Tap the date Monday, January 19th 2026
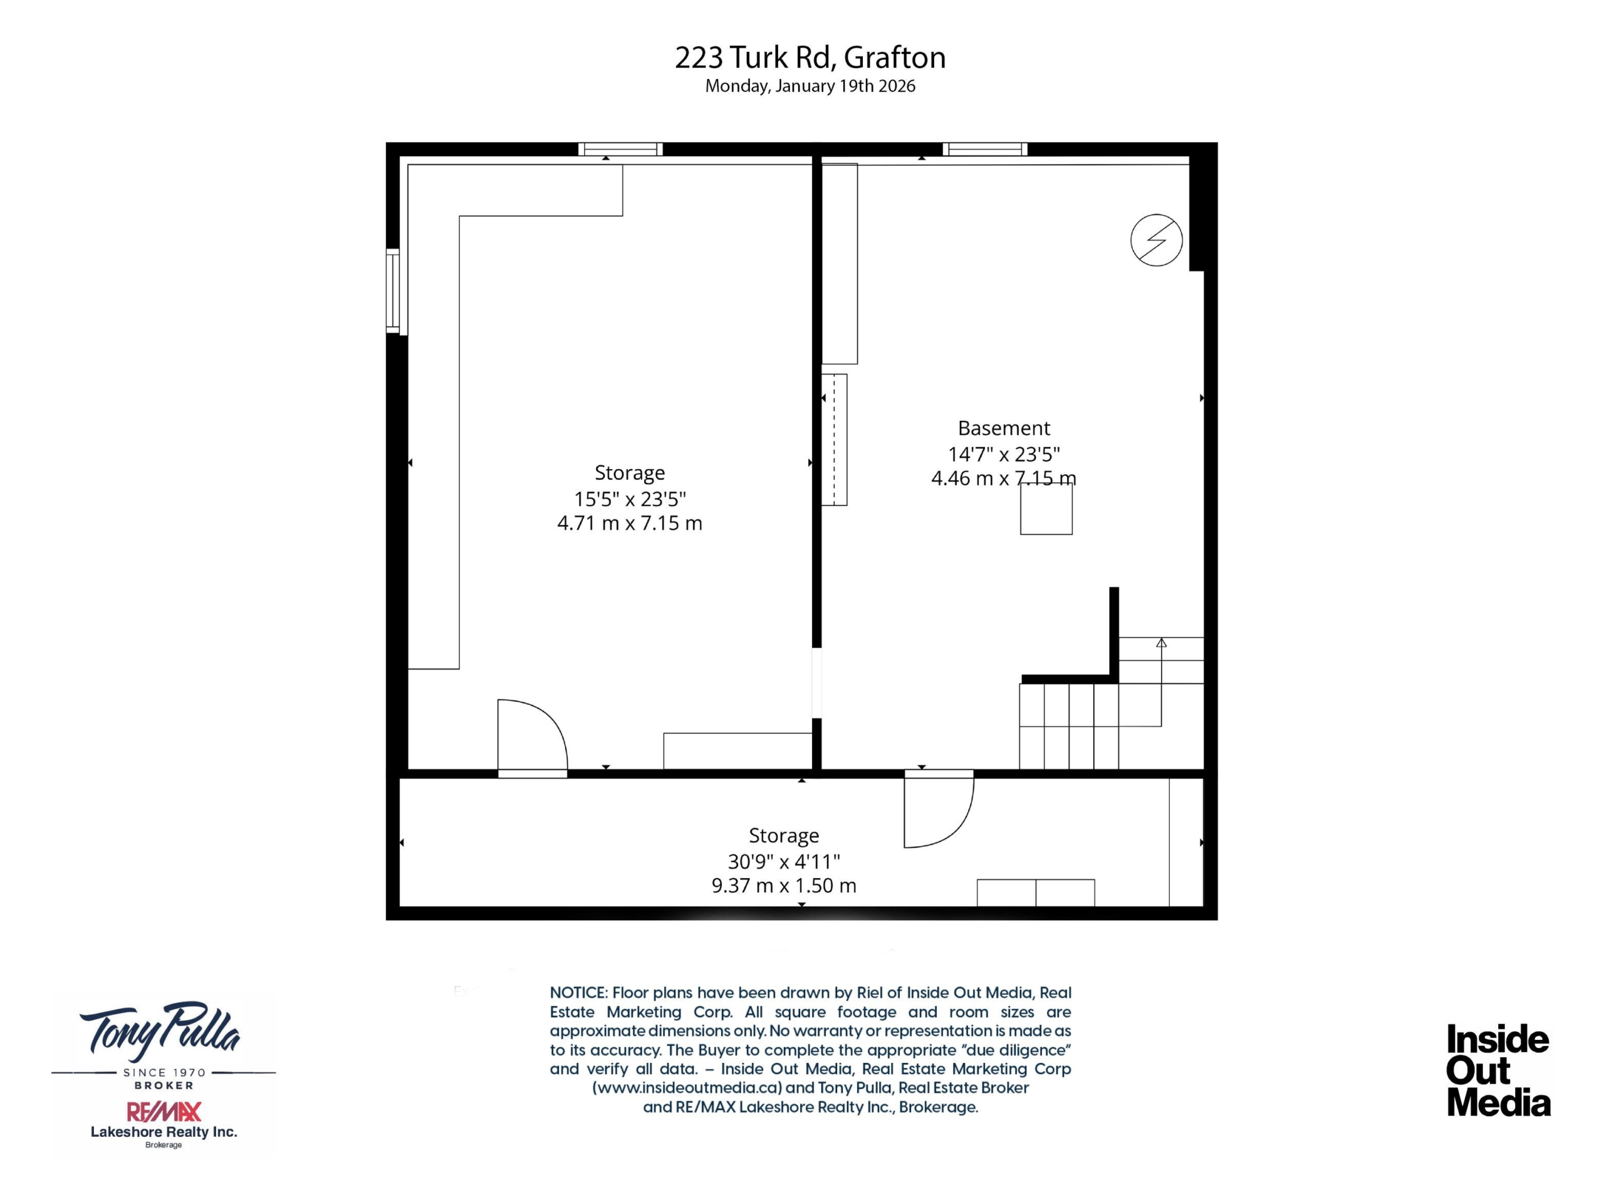coord(810,86)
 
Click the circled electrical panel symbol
coord(1157,240)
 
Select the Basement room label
coord(1004,428)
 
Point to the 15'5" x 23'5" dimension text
coord(630,499)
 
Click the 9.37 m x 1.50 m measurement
coord(784,885)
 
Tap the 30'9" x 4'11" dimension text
coord(784,861)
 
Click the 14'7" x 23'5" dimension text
coord(1004,454)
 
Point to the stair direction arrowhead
coord(1161,642)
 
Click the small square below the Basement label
coord(1046,509)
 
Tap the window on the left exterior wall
coord(393,291)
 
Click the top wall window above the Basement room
coord(985,149)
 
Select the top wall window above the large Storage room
coord(620,149)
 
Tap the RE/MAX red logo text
coord(164,1111)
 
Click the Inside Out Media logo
coord(1498,1070)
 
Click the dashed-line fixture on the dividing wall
coord(834,439)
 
